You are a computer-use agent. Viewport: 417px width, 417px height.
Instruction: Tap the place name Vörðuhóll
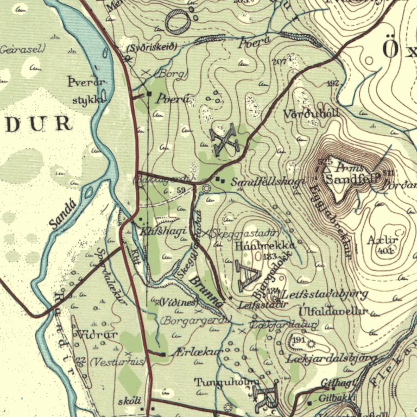tap(312, 115)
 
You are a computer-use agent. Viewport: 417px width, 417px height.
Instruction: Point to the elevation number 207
tap(279, 62)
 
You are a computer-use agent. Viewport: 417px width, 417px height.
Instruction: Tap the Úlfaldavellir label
tap(333, 312)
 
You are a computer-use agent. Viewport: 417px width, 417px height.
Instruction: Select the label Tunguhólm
tap(227, 382)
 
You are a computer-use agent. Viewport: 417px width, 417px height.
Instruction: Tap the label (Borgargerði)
tap(196, 320)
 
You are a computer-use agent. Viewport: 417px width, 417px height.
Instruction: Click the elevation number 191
tap(298, 340)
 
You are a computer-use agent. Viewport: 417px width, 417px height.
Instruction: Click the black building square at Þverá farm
tap(149, 94)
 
